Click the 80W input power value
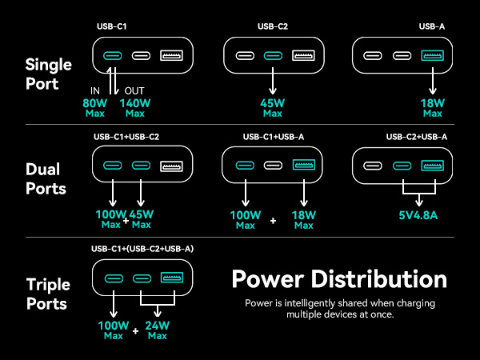[x=95, y=103]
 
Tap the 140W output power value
[x=135, y=103]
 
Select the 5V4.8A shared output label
[x=418, y=215]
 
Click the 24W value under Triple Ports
[x=158, y=326]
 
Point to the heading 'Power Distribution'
[x=339, y=279]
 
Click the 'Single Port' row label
[x=48, y=74]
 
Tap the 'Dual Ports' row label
[x=46, y=178]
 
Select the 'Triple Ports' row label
[x=48, y=294]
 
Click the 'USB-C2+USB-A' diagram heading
[x=417, y=137]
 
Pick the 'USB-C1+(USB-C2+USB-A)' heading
[x=142, y=249]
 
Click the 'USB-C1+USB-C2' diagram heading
[x=126, y=137]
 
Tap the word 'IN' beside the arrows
[x=95, y=91]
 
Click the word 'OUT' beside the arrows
[x=134, y=91]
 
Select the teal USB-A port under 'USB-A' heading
[x=433, y=55]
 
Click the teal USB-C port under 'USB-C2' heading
[x=273, y=56]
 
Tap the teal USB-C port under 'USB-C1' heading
[x=113, y=56]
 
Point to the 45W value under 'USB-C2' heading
[x=273, y=103]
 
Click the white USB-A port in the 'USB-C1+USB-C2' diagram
[x=172, y=166]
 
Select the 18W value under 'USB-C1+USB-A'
[x=304, y=215]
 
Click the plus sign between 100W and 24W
[x=136, y=331]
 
